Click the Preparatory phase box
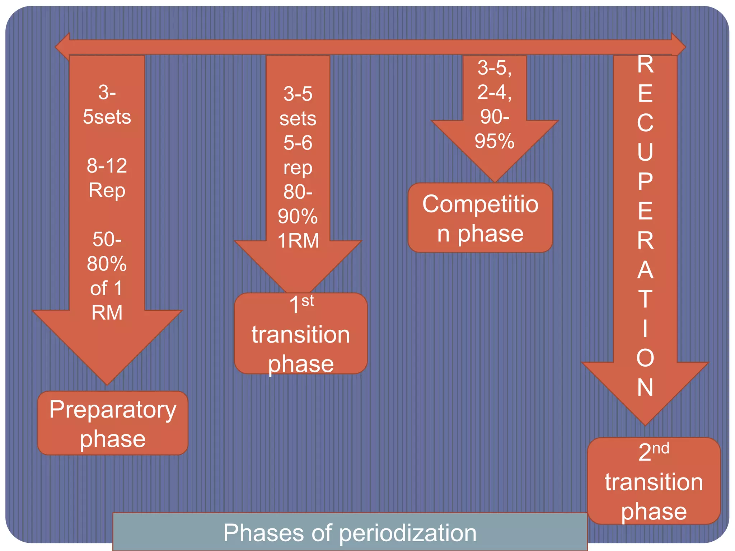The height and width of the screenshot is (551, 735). tap(113, 423)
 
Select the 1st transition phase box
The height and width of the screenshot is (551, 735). tap(301, 334)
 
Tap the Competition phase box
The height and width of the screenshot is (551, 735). tap(480, 218)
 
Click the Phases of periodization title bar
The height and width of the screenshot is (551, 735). tap(350, 532)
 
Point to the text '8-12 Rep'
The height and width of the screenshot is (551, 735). tap(107, 178)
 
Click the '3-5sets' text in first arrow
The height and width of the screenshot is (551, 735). tap(107, 105)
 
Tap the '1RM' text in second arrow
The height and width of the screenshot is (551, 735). tap(298, 240)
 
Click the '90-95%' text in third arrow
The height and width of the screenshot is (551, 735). tap(495, 129)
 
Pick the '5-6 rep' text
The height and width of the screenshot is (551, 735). tap(298, 155)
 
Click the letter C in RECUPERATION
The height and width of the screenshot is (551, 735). tap(645, 123)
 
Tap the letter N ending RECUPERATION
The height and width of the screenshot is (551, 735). tap(645, 388)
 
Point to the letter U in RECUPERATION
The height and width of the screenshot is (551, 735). tap(645, 152)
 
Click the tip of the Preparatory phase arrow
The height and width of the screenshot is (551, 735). tap(107, 382)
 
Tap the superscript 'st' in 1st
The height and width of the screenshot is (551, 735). tap(308, 301)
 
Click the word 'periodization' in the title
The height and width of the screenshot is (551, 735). tap(408, 533)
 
